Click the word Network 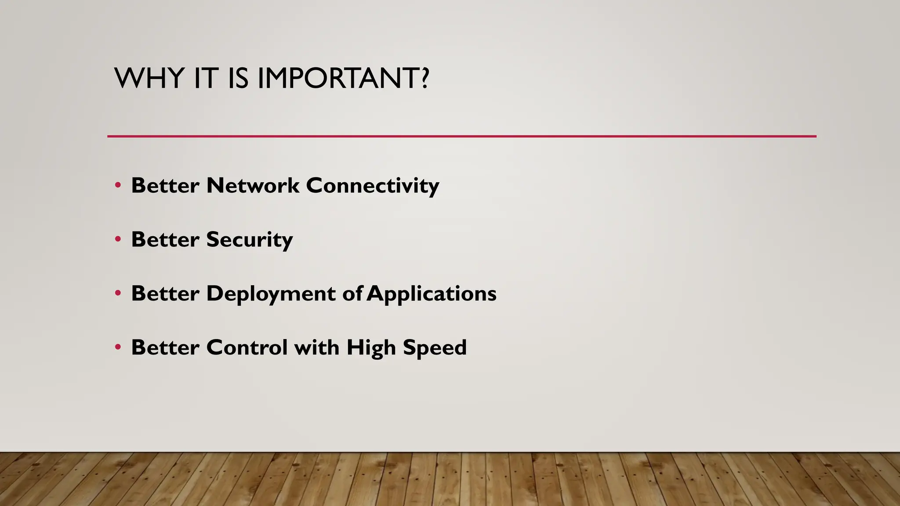coord(253,185)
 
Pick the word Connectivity coord(372,185)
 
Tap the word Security coord(249,240)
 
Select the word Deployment coord(271,294)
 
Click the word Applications coord(432,294)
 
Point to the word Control coord(247,347)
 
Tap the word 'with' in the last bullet coord(316,347)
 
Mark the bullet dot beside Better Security coord(118,240)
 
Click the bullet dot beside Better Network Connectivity coord(118,186)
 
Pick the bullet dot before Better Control coord(118,348)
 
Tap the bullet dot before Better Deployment coord(118,294)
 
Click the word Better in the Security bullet coord(165,240)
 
